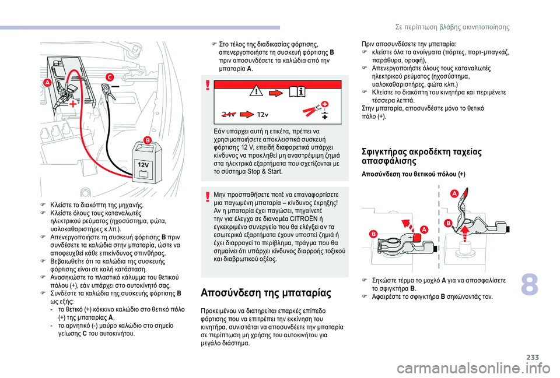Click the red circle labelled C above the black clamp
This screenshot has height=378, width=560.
(x=108, y=77)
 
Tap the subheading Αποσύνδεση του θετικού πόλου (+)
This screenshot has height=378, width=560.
(x=413, y=174)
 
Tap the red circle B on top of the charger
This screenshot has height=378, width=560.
(x=147, y=140)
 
